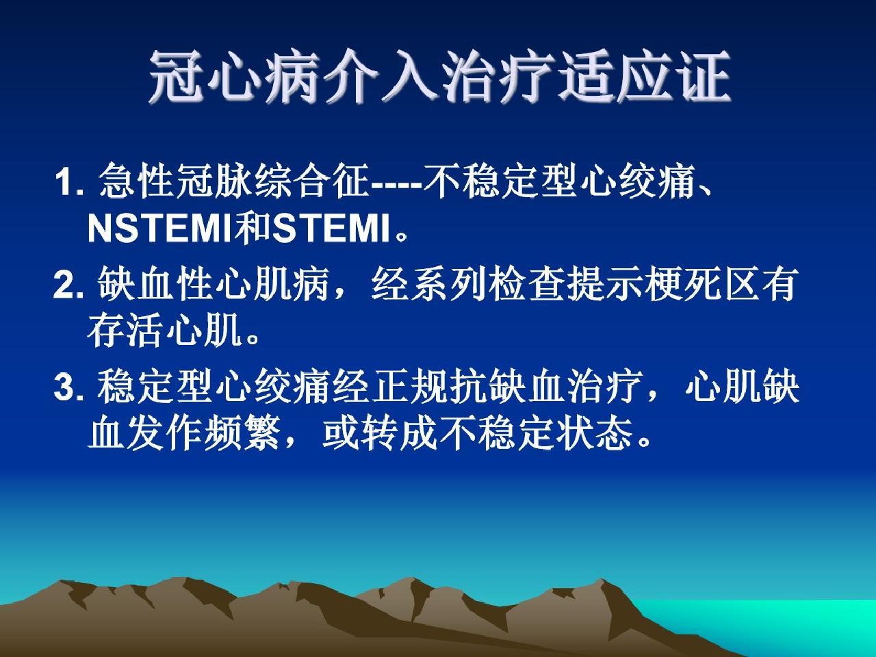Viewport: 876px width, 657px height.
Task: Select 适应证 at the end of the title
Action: click(643, 76)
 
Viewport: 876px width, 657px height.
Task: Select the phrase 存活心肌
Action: click(164, 330)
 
